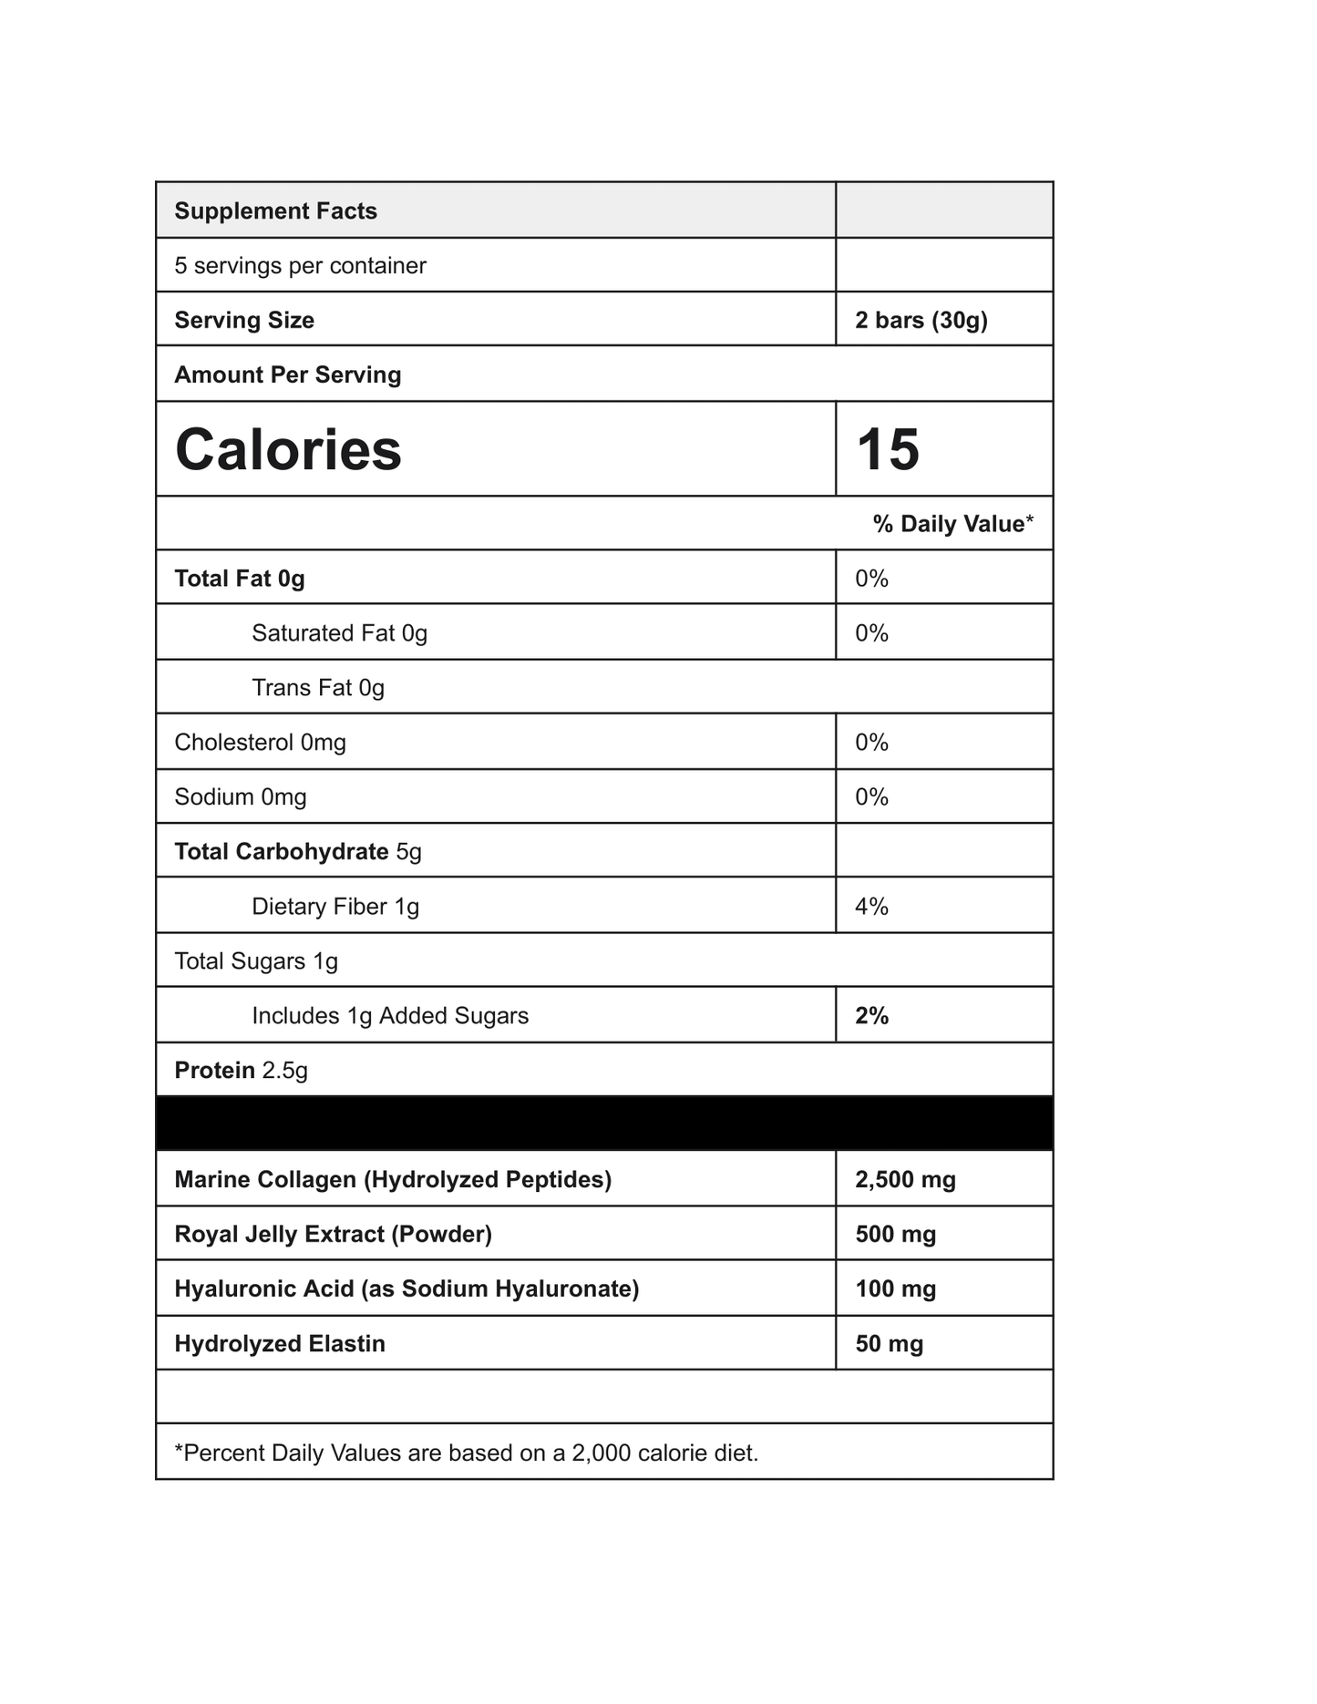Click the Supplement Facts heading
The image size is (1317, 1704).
(275, 211)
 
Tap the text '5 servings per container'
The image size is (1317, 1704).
(300, 266)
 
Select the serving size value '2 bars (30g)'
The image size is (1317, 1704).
(921, 321)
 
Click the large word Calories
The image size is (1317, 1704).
(288, 450)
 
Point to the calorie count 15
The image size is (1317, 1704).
(888, 450)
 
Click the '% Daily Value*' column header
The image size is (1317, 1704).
(952, 524)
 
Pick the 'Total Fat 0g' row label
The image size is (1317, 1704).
(239, 579)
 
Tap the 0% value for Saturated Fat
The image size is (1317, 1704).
(871, 633)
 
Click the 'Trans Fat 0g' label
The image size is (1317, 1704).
(318, 688)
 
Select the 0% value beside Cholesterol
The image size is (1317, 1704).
(871, 743)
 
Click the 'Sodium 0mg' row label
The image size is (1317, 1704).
(240, 797)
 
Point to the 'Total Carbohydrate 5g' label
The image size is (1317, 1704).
(297, 852)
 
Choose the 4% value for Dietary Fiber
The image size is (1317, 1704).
(871, 907)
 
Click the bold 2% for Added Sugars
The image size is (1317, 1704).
(871, 1016)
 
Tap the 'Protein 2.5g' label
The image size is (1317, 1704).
(241, 1071)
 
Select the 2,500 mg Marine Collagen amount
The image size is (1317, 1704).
(905, 1180)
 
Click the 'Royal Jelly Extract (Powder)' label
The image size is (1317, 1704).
(333, 1235)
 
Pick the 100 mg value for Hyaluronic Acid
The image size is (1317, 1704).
(895, 1289)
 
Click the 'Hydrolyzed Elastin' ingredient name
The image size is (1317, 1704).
(279, 1344)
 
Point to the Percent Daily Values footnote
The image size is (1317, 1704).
(466, 1453)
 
